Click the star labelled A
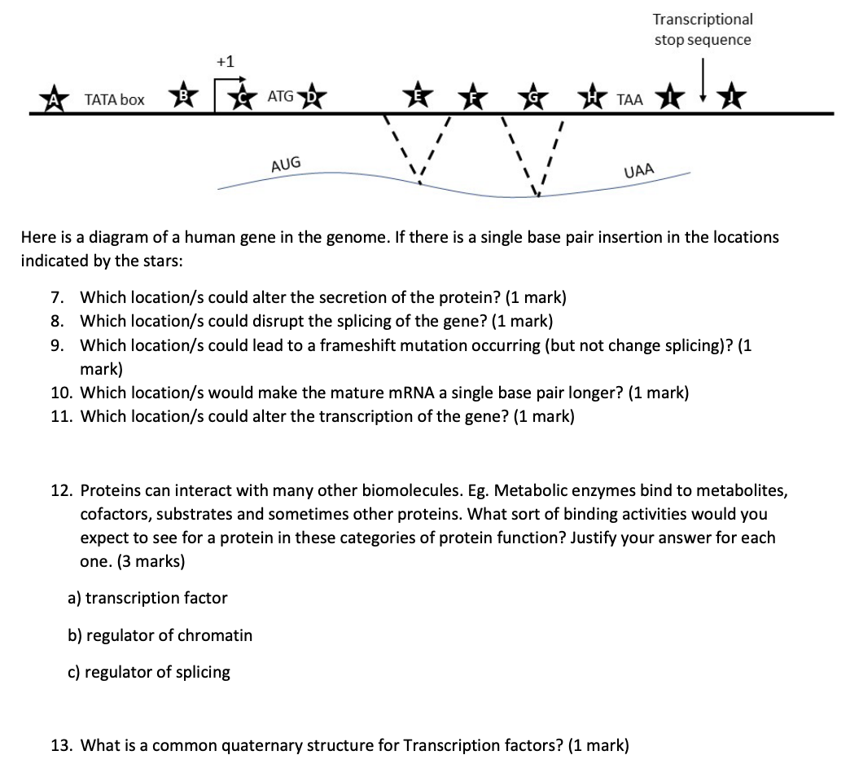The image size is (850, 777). pyautogui.click(x=56, y=99)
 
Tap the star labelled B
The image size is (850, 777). pyautogui.click(x=184, y=97)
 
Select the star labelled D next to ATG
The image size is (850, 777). pyautogui.click(x=312, y=99)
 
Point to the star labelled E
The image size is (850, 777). pyautogui.click(x=419, y=94)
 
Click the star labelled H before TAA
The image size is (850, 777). pyautogui.click(x=598, y=99)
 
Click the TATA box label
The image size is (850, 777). pyautogui.click(x=115, y=99)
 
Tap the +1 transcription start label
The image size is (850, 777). pyautogui.click(x=226, y=61)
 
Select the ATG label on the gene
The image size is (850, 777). pyautogui.click(x=281, y=97)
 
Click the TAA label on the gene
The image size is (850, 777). pyautogui.click(x=630, y=99)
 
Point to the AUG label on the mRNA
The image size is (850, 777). pyautogui.click(x=286, y=163)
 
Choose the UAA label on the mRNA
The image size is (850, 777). pyautogui.click(x=639, y=171)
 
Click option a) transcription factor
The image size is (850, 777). pyautogui.click(x=147, y=598)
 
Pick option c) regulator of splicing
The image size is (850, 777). pyautogui.click(x=148, y=672)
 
